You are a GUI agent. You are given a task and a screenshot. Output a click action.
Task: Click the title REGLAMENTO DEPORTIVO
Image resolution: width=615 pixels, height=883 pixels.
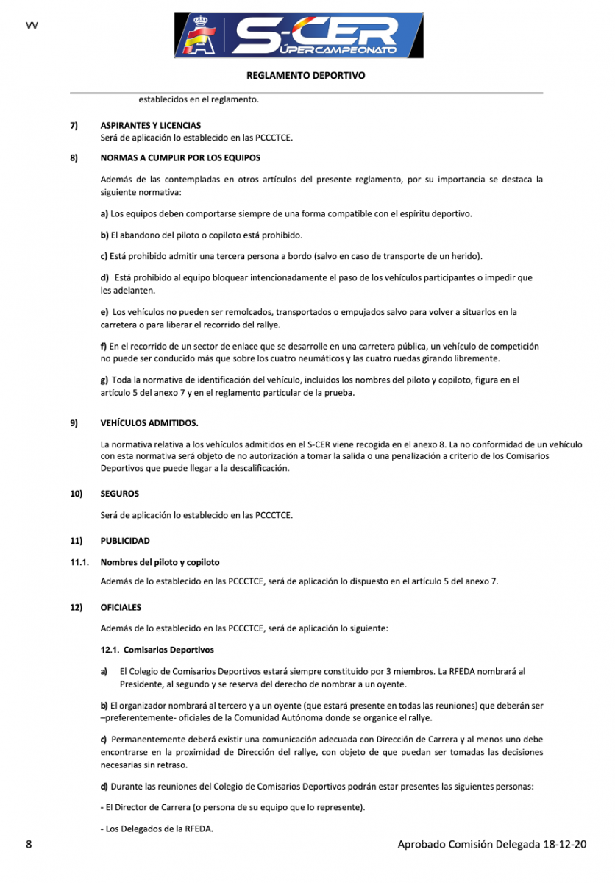[306, 75]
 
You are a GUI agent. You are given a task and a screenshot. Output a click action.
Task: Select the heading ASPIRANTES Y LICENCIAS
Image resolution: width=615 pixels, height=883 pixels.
[150, 126]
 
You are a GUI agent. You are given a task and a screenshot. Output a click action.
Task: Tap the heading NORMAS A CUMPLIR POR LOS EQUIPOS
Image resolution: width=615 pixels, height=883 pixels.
[180, 157]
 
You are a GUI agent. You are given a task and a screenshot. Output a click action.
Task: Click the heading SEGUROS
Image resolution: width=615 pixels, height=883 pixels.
[119, 494]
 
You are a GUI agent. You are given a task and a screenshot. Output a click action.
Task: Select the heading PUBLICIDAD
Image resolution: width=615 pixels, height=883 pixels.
[125, 541]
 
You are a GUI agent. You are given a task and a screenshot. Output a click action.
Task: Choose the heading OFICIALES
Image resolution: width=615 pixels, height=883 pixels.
[121, 608]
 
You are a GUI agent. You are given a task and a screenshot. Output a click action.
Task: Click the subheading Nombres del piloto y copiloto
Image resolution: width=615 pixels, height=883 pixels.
[160, 562]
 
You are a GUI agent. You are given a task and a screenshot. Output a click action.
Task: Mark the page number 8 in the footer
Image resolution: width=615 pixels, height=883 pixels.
[28, 844]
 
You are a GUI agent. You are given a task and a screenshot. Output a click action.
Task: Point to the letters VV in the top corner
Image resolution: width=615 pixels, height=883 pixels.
[32, 25]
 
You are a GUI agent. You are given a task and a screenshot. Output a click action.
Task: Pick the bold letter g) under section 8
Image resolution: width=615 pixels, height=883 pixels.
[104, 380]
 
